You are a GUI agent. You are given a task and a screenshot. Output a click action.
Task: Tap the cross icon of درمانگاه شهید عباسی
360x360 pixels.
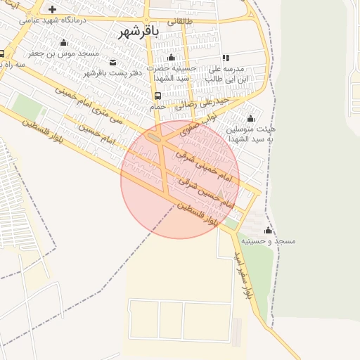click(52, 10)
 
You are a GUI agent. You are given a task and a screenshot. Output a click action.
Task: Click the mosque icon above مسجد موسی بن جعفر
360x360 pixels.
click(63, 42)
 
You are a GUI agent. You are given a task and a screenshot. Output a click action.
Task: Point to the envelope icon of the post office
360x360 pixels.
click(114, 63)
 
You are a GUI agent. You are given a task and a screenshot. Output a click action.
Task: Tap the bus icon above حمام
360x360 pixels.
click(157, 96)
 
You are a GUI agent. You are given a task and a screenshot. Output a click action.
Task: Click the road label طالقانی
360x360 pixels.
click(179, 21)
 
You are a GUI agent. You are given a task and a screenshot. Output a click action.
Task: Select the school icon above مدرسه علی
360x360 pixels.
click(226, 58)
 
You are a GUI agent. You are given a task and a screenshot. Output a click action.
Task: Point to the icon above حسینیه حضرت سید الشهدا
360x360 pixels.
click(170, 58)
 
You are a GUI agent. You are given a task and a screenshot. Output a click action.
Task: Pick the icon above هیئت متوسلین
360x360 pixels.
click(250, 118)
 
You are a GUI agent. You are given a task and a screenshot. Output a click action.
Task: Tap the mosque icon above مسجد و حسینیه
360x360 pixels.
click(267, 230)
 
